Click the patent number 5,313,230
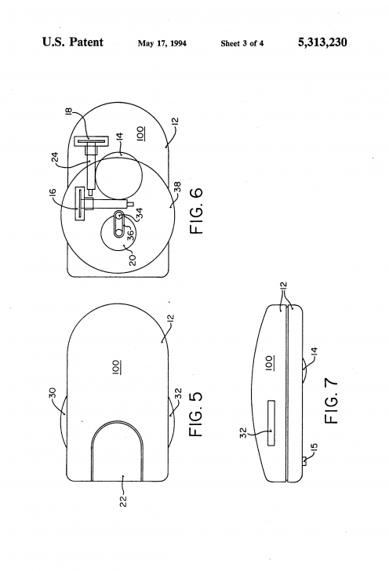point(322,42)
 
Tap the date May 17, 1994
point(162,44)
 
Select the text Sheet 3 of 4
point(242,44)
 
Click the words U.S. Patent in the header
point(73,42)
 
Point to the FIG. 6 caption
point(196,211)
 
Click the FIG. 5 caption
point(196,414)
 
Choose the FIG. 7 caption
point(331,401)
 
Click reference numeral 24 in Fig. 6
point(55,158)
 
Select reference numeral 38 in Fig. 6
point(177,187)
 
